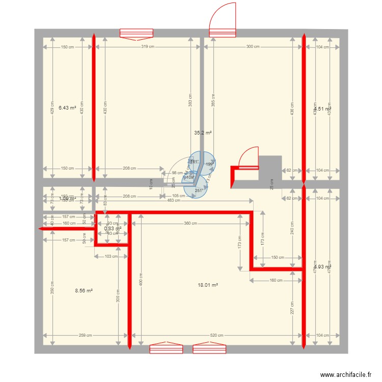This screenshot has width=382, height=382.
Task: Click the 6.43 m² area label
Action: (x=67, y=108)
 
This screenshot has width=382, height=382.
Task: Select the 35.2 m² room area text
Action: (x=203, y=132)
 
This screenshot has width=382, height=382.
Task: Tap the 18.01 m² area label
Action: (x=208, y=286)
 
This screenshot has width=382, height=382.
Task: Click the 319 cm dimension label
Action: (x=148, y=47)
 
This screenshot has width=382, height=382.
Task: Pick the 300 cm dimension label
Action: (x=253, y=47)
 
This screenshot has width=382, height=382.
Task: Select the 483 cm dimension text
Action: (x=173, y=201)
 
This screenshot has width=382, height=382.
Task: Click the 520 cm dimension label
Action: (x=216, y=335)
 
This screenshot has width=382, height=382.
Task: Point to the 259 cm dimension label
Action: (x=86, y=335)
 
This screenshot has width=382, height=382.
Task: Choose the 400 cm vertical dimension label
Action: (x=142, y=280)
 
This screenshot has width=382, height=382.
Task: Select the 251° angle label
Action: (x=198, y=191)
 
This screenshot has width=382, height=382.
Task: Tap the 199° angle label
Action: (x=209, y=165)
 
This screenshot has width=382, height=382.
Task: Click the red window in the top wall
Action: (x=137, y=34)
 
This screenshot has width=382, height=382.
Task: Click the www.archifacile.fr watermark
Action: (x=346, y=375)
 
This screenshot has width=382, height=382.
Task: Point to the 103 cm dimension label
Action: (x=111, y=257)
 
